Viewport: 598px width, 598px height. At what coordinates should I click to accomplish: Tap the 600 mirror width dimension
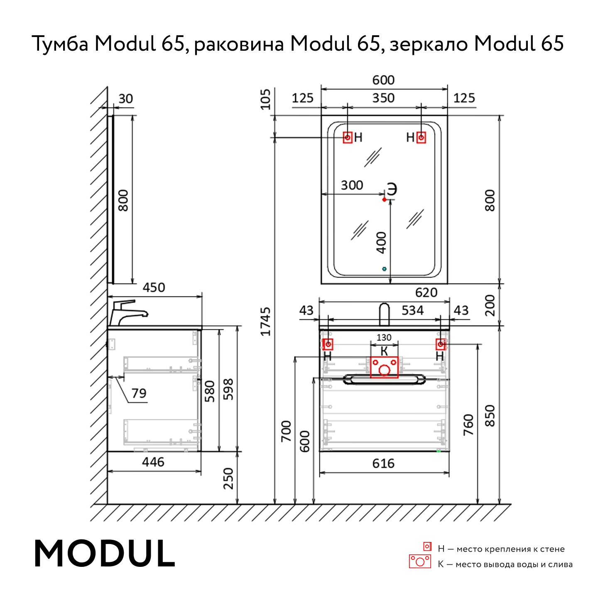point(383,80)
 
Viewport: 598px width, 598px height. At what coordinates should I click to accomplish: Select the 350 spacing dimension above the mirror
point(383,98)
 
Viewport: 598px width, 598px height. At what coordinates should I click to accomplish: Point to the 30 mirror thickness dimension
point(125,99)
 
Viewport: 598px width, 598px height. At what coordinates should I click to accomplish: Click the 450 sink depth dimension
point(154,287)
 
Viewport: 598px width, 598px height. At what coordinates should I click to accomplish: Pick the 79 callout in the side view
point(139,393)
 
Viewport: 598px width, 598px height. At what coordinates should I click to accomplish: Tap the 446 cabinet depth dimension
point(153,462)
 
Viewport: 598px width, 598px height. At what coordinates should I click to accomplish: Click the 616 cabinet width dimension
point(383,463)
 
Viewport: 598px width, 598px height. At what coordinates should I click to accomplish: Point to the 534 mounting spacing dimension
point(412,310)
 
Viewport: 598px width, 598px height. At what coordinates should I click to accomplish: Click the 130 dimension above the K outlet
point(384,337)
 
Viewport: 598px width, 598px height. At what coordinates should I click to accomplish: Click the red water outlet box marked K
point(384,368)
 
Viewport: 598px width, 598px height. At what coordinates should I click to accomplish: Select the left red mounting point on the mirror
point(348,137)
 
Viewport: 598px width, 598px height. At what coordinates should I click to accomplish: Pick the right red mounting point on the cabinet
point(441,344)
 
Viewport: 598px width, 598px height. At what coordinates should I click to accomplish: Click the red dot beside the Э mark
point(385,200)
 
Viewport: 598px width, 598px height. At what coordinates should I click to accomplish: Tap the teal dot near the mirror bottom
point(384,269)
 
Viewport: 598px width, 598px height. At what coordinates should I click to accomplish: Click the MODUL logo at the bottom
point(105,554)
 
